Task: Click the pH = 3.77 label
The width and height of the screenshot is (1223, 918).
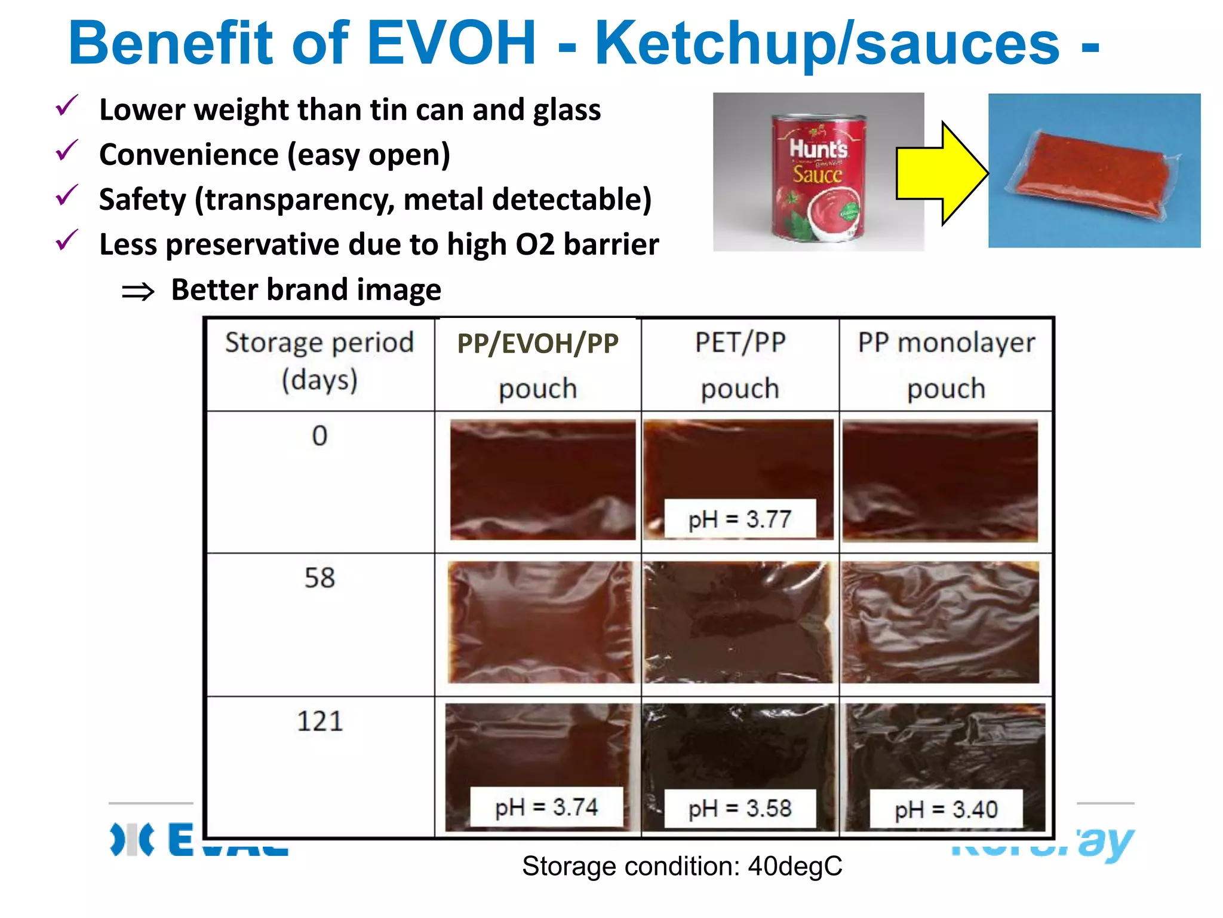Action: pyautogui.click(x=739, y=519)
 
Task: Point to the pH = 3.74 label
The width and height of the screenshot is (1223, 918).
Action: pyautogui.click(x=546, y=807)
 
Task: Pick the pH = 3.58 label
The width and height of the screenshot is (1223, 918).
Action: pyautogui.click(x=739, y=809)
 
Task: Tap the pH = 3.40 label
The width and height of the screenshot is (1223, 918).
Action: pyautogui.click(x=945, y=810)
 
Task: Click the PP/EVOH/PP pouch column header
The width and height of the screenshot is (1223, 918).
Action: pyautogui.click(x=537, y=365)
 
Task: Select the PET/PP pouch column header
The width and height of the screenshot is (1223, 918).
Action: pyautogui.click(x=740, y=365)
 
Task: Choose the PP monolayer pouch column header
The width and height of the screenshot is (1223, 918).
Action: pyautogui.click(x=946, y=365)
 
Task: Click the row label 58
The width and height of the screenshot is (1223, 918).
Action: pyautogui.click(x=319, y=578)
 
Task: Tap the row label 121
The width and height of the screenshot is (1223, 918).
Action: pyautogui.click(x=319, y=721)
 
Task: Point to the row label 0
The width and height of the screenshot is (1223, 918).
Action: pyautogui.click(x=319, y=435)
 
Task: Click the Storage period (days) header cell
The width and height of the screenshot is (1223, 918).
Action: pyautogui.click(x=319, y=361)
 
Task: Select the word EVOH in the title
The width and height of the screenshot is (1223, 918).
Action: pyautogui.click(x=451, y=43)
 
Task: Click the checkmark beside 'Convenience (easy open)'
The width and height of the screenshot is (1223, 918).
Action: pyautogui.click(x=66, y=151)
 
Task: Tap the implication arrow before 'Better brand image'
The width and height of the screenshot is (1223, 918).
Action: pyautogui.click(x=138, y=292)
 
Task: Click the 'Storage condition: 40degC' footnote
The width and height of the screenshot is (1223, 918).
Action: pyautogui.click(x=682, y=866)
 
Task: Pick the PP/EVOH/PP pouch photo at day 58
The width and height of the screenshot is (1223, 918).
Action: pyautogui.click(x=540, y=622)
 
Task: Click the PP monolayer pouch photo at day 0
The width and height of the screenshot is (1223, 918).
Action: pyautogui.click(x=940, y=481)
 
